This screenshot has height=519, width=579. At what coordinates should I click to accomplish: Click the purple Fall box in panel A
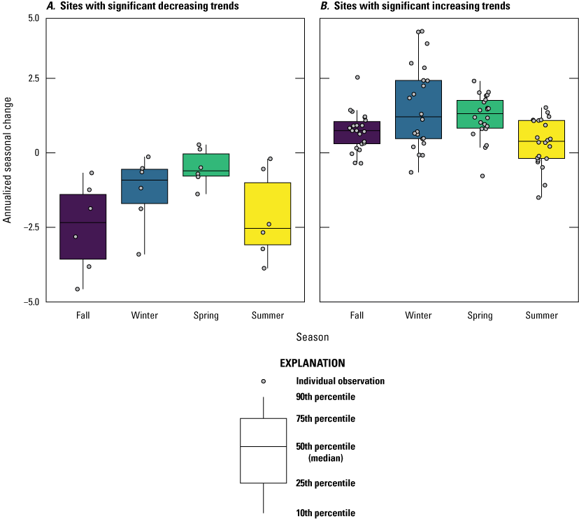[x=83, y=227]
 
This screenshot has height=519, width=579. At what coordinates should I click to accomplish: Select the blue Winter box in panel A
[x=144, y=186]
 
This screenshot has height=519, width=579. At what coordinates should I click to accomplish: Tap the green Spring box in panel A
[x=206, y=164]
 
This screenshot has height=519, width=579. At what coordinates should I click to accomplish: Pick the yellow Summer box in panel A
[x=267, y=213]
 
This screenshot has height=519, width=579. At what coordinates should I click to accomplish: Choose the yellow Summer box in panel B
[x=541, y=139]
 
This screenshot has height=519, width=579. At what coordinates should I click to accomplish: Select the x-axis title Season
[x=312, y=336]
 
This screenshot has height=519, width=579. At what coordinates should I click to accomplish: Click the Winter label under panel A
[x=144, y=315]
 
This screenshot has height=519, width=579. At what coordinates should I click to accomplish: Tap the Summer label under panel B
[x=541, y=315]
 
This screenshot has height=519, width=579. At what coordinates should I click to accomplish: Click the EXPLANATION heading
[x=312, y=363]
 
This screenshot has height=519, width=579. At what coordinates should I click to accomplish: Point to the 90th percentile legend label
[x=325, y=397]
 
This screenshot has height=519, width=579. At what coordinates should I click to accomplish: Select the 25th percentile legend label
[x=325, y=483]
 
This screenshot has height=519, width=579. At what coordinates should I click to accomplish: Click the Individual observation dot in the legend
[x=264, y=381]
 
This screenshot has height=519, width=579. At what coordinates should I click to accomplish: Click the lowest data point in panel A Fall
[x=77, y=289]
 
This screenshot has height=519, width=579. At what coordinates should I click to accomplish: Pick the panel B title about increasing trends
[x=415, y=6]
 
